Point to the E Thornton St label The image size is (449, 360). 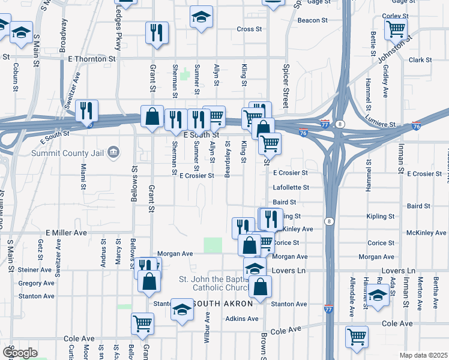click(x=92, y=59)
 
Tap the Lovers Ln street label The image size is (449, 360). click(x=286, y=271)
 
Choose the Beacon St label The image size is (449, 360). click(x=312, y=20)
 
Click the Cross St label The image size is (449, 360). click(x=249, y=29)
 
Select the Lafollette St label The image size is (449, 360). click(x=291, y=188)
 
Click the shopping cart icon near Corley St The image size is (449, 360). click(x=396, y=28)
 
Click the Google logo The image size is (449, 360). click(x=19, y=353)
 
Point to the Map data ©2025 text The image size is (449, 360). click(x=423, y=355)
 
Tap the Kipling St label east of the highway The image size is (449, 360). click(x=383, y=216)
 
